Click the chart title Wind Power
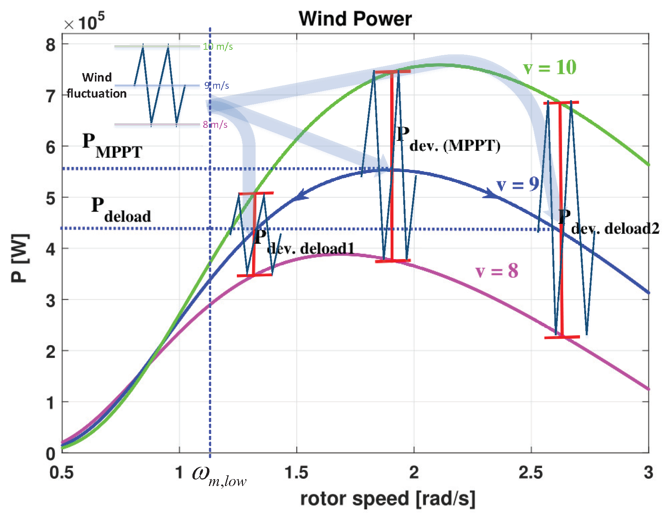pos(355,18)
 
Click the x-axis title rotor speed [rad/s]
pos(387,499)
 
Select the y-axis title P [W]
pos(20,258)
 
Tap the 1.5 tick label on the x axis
pos(296,473)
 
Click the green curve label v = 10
pos(549,68)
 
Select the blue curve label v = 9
pos(518,185)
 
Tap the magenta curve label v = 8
pos(497,271)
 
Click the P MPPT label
pos(112,146)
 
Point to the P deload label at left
pos(121,210)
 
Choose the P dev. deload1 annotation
pos(304,243)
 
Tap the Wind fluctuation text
pos(97,85)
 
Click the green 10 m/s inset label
pos(218,47)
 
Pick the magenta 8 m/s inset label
pos(215,125)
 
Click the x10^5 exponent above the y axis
pos(84,22)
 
